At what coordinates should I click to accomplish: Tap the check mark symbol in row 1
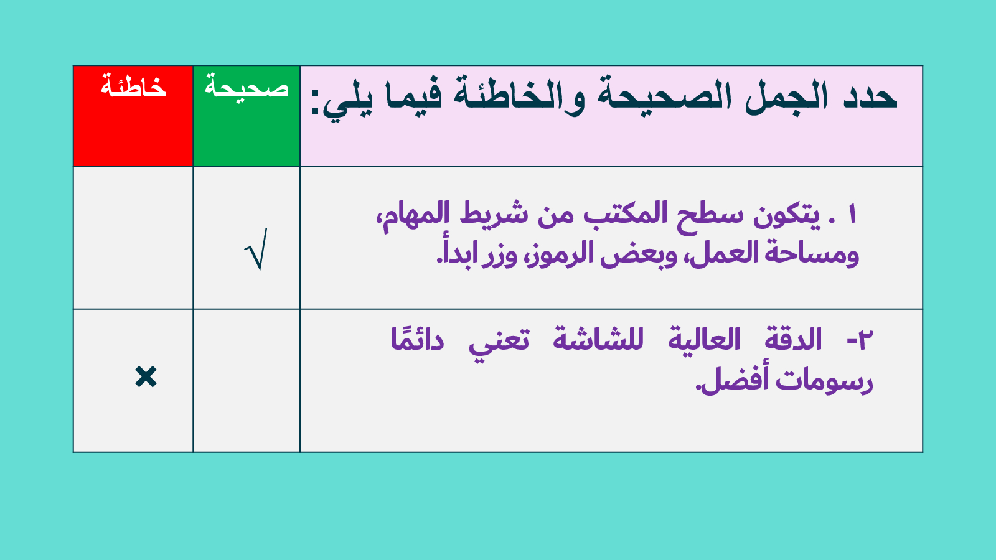pos(256,249)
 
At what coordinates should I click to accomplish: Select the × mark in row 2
pos(146,377)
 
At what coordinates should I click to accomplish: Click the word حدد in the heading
pos(870,96)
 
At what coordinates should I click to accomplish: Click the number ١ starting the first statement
pos(852,215)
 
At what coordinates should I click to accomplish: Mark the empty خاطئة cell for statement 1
pos(133,238)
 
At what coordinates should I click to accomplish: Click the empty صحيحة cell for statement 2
pos(247,381)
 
